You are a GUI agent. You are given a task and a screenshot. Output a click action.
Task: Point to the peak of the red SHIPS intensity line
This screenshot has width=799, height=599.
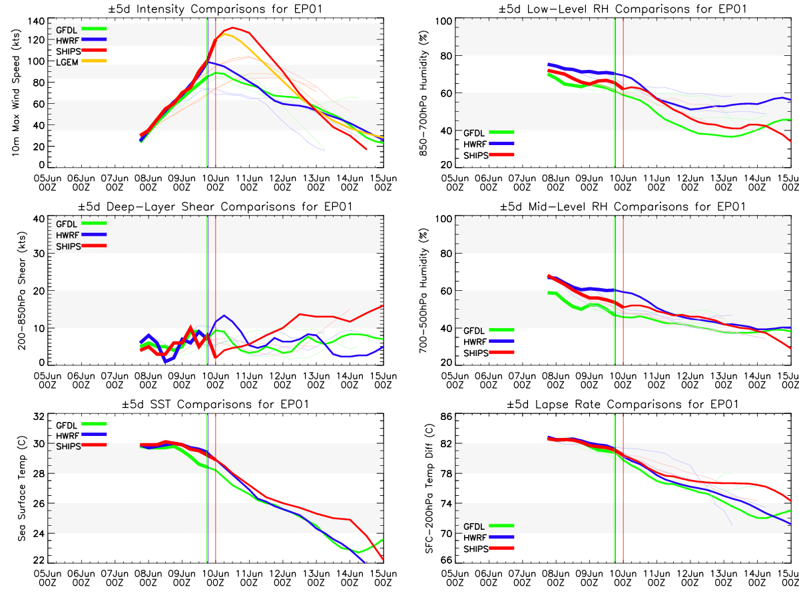232,28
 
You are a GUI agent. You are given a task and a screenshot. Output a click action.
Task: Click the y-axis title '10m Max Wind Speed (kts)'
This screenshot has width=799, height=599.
15,93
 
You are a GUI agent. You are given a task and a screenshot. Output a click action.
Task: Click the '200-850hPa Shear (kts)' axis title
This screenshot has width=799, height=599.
15,291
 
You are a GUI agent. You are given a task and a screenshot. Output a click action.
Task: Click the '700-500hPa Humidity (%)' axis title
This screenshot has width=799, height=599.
421,291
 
